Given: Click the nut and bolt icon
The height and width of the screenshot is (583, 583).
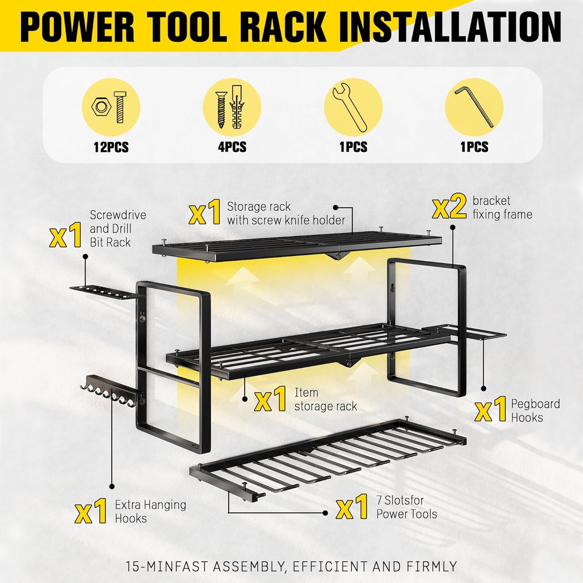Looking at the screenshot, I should click(111, 107).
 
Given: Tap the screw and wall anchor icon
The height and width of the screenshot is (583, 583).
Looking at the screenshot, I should click(232, 107).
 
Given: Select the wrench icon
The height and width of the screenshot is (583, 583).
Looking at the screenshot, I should click(353, 107).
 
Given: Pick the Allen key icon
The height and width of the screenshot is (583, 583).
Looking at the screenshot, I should click(474, 107).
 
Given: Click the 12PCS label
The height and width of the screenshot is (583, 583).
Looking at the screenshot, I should click(111, 147).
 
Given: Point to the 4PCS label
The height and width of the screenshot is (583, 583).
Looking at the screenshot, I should click(232, 147).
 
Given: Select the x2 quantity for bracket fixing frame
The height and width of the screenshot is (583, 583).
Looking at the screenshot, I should click(449, 208).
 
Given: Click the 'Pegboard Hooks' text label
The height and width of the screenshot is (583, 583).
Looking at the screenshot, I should click(535, 410).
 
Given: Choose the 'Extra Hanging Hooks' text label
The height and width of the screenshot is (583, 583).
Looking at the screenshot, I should click(150, 511).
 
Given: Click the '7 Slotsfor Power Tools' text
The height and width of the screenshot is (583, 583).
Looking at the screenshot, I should click(406, 507).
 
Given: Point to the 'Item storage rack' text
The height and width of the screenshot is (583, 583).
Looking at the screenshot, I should click(325, 399).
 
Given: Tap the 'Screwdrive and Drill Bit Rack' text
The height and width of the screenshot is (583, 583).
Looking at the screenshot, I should click(117, 228).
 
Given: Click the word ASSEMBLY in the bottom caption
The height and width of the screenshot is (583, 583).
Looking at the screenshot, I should click(248, 566).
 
